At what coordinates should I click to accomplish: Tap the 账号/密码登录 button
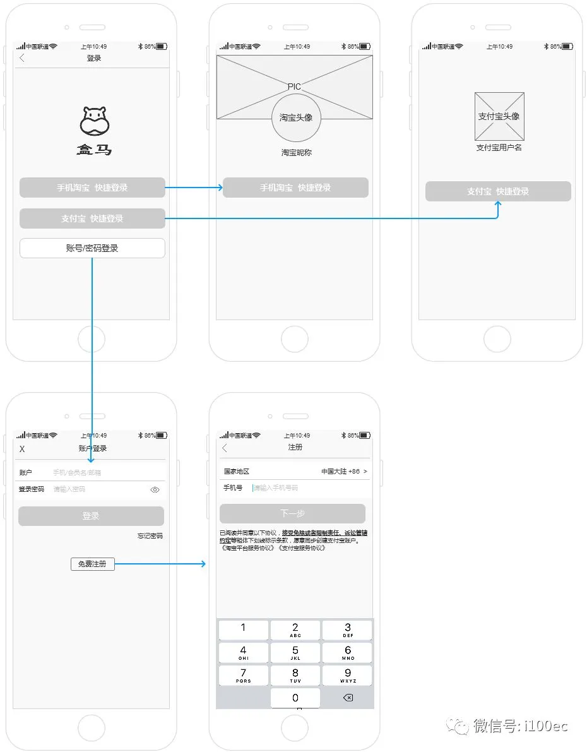pyautogui.click(x=92, y=248)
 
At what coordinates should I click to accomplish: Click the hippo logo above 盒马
pyautogui.click(x=95, y=121)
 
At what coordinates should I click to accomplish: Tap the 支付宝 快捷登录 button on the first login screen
pyautogui.click(x=92, y=218)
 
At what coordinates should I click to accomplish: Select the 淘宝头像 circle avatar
pyautogui.click(x=296, y=117)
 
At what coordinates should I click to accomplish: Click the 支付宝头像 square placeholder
pyautogui.click(x=499, y=116)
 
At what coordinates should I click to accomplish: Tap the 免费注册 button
pyautogui.click(x=92, y=564)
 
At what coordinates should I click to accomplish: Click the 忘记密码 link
pyautogui.click(x=150, y=536)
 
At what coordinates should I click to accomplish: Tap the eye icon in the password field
pyautogui.click(x=155, y=489)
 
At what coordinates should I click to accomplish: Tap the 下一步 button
pyautogui.click(x=292, y=514)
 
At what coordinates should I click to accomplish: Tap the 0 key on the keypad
pyautogui.click(x=295, y=698)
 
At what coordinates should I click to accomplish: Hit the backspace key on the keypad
pyautogui.click(x=348, y=698)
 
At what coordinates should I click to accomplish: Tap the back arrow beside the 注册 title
pyautogui.click(x=225, y=448)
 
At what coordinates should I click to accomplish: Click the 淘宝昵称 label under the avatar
pyautogui.click(x=296, y=153)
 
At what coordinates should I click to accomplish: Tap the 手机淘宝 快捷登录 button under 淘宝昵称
pyautogui.click(x=295, y=188)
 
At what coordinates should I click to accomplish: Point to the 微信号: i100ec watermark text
pyautogui.click(x=521, y=726)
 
